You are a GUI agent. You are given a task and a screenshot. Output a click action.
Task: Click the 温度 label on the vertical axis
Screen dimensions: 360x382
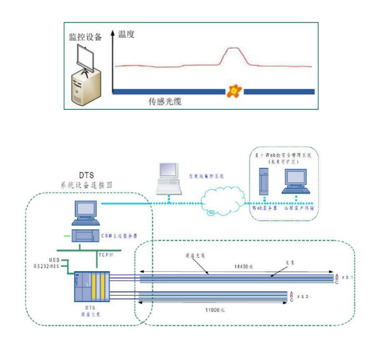point(126,34)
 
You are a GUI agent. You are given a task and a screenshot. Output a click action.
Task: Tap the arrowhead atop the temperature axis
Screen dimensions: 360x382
point(113,33)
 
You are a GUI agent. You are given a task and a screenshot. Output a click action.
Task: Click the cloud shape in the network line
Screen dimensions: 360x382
point(223,202)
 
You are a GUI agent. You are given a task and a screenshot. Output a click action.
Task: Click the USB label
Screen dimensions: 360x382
point(54,259)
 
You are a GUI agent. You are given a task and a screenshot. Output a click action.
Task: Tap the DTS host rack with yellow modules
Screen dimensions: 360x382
point(92,286)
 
